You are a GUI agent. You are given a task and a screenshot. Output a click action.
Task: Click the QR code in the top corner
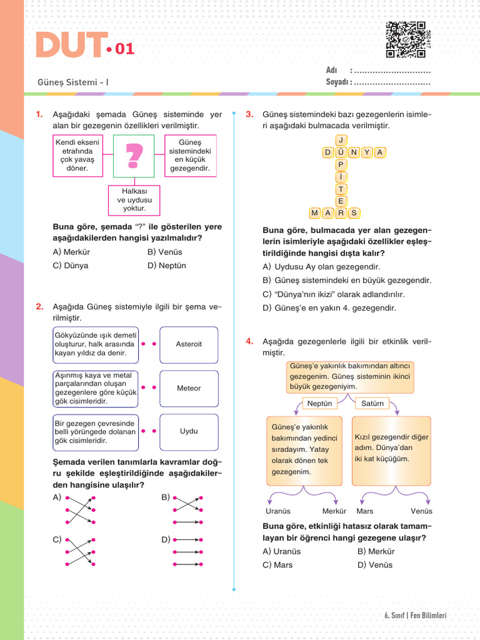point(406,39)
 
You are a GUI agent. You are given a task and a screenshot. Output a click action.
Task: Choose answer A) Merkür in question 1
point(72,252)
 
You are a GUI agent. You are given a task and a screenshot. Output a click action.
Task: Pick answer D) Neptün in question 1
point(167,266)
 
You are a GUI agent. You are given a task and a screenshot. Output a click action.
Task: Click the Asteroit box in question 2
point(189,344)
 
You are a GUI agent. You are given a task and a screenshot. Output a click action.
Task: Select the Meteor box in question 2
point(189,388)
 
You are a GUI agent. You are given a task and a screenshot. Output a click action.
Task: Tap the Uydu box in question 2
point(189,431)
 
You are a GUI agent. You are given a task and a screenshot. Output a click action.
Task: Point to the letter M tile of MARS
point(314,213)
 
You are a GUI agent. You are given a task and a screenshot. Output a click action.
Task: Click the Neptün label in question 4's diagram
point(319,404)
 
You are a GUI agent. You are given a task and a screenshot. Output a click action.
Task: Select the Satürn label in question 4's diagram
point(372,404)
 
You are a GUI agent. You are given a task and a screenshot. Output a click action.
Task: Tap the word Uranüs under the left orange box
point(278,511)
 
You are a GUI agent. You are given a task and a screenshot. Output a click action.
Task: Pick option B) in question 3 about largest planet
point(347,281)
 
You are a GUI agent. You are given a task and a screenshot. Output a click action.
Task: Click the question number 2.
point(39,306)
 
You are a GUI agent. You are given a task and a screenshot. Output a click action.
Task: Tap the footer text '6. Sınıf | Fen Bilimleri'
point(415,616)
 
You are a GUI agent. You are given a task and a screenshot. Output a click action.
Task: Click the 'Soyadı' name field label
point(337,82)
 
